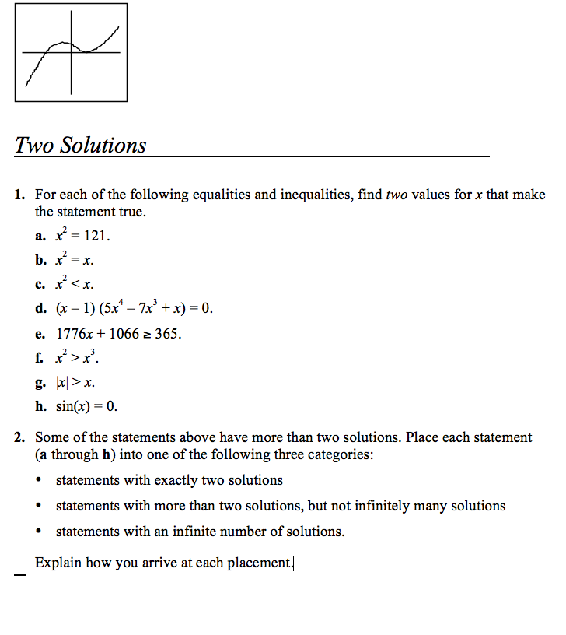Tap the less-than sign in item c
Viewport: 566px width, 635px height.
[x=76, y=285]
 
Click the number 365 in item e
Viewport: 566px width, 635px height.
[x=167, y=334]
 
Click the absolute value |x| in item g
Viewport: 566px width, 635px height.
[x=62, y=382]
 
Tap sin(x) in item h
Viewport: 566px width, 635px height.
[x=75, y=406]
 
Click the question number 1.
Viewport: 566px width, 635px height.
[x=21, y=195]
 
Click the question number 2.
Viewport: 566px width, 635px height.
[x=21, y=437]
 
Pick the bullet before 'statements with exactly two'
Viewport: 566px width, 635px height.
[x=39, y=481]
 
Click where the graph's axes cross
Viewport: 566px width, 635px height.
[x=72, y=52]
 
